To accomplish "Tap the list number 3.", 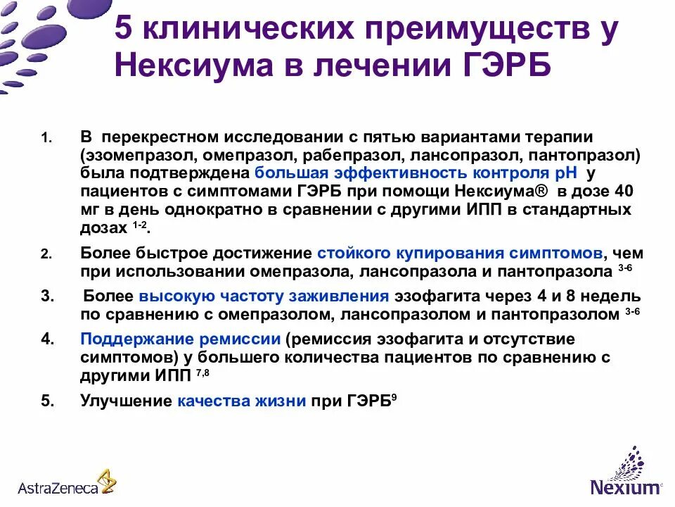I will click(47, 296).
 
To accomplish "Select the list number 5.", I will click(47, 401).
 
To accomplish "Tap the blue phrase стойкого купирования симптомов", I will click(459, 252).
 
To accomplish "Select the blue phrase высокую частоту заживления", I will click(264, 296).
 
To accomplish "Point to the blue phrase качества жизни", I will click(241, 401).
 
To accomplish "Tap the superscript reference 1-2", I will click(139, 223).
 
